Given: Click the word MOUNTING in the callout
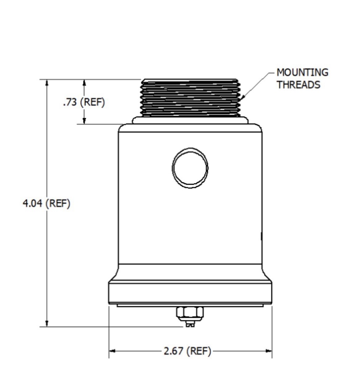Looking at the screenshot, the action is click(302, 72).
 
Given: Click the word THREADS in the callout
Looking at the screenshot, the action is click(299, 85).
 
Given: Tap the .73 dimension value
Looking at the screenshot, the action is click(70, 102).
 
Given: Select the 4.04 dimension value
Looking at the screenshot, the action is click(32, 203).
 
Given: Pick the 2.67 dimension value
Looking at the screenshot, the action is click(173, 351).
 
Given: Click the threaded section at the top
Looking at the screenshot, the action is click(190, 98).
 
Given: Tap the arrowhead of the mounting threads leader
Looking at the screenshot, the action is click(243, 97).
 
